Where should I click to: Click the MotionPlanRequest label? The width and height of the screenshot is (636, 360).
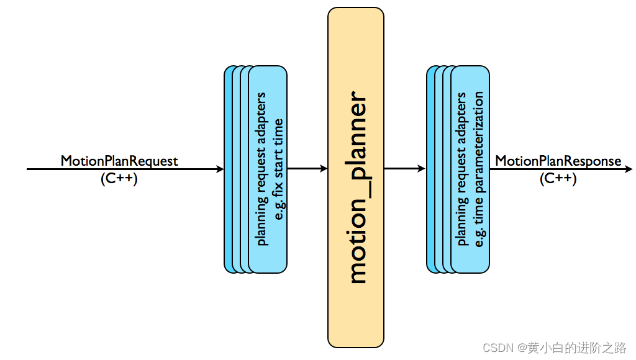click(x=119, y=161)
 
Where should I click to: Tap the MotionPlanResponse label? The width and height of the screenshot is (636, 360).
click(x=558, y=161)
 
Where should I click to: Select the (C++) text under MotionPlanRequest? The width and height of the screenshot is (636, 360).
click(x=119, y=178)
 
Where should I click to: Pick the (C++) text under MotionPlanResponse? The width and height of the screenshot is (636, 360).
click(x=558, y=178)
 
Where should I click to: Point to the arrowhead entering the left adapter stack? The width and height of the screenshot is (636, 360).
click(x=220, y=169)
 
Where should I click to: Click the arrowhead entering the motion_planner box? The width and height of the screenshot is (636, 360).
click(x=324, y=168)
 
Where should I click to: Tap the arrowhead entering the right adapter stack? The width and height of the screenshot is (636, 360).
click(x=422, y=168)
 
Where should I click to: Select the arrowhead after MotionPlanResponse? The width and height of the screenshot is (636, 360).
click(x=629, y=169)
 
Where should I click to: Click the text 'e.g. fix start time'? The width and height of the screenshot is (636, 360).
click(x=279, y=169)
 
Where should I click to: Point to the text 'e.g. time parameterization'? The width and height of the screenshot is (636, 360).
click(x=479, y=169)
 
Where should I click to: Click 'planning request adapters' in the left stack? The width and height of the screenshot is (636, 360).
click(x=261, y=169)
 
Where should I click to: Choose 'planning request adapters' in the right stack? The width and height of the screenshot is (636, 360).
click(x=461, y=169)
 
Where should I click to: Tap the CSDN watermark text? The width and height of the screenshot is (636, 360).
click(x=554, y=348)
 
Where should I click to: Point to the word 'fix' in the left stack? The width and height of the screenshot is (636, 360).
click(x=278, y=189)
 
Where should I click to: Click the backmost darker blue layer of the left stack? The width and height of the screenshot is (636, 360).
click(x=228, y=169)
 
